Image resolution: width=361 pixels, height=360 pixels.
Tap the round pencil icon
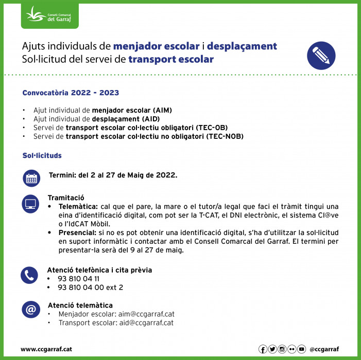321,55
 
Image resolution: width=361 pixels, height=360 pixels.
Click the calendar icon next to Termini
31,178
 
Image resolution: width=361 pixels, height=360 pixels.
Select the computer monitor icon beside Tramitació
31,204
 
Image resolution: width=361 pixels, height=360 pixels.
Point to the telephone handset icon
30,275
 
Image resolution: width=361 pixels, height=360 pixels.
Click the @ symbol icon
30,310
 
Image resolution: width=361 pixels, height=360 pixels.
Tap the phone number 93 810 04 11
79,278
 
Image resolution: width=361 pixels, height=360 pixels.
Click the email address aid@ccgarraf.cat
145,323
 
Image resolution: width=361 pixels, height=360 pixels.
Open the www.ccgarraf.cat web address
46,349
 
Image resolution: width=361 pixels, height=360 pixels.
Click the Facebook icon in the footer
263,349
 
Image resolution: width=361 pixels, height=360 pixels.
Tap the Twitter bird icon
272,349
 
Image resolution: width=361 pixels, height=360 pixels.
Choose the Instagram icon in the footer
282,349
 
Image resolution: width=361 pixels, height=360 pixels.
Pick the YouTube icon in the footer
302,349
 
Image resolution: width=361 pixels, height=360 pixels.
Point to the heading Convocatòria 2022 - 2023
71,93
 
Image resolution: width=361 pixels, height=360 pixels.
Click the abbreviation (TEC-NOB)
225,136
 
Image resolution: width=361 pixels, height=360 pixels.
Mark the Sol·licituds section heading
42,155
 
